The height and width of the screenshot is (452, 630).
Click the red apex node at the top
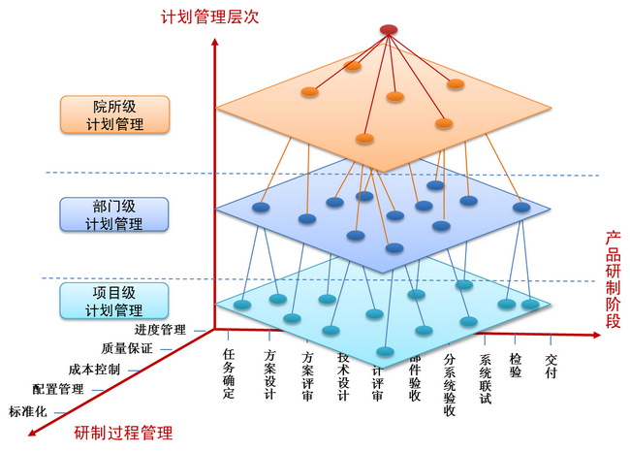388,29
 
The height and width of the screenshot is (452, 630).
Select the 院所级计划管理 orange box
114,114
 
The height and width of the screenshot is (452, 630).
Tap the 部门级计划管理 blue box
114,214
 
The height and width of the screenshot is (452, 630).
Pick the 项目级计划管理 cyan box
114,301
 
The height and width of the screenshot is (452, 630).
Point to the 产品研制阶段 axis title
613,280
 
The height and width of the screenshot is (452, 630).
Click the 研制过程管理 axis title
123,433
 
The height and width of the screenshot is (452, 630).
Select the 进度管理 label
160,330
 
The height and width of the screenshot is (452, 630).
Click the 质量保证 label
126,348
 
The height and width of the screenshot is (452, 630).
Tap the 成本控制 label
95,369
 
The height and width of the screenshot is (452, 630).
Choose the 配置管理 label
58,389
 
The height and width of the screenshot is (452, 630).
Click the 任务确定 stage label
229,373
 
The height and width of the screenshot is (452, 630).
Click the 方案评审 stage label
307,375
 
